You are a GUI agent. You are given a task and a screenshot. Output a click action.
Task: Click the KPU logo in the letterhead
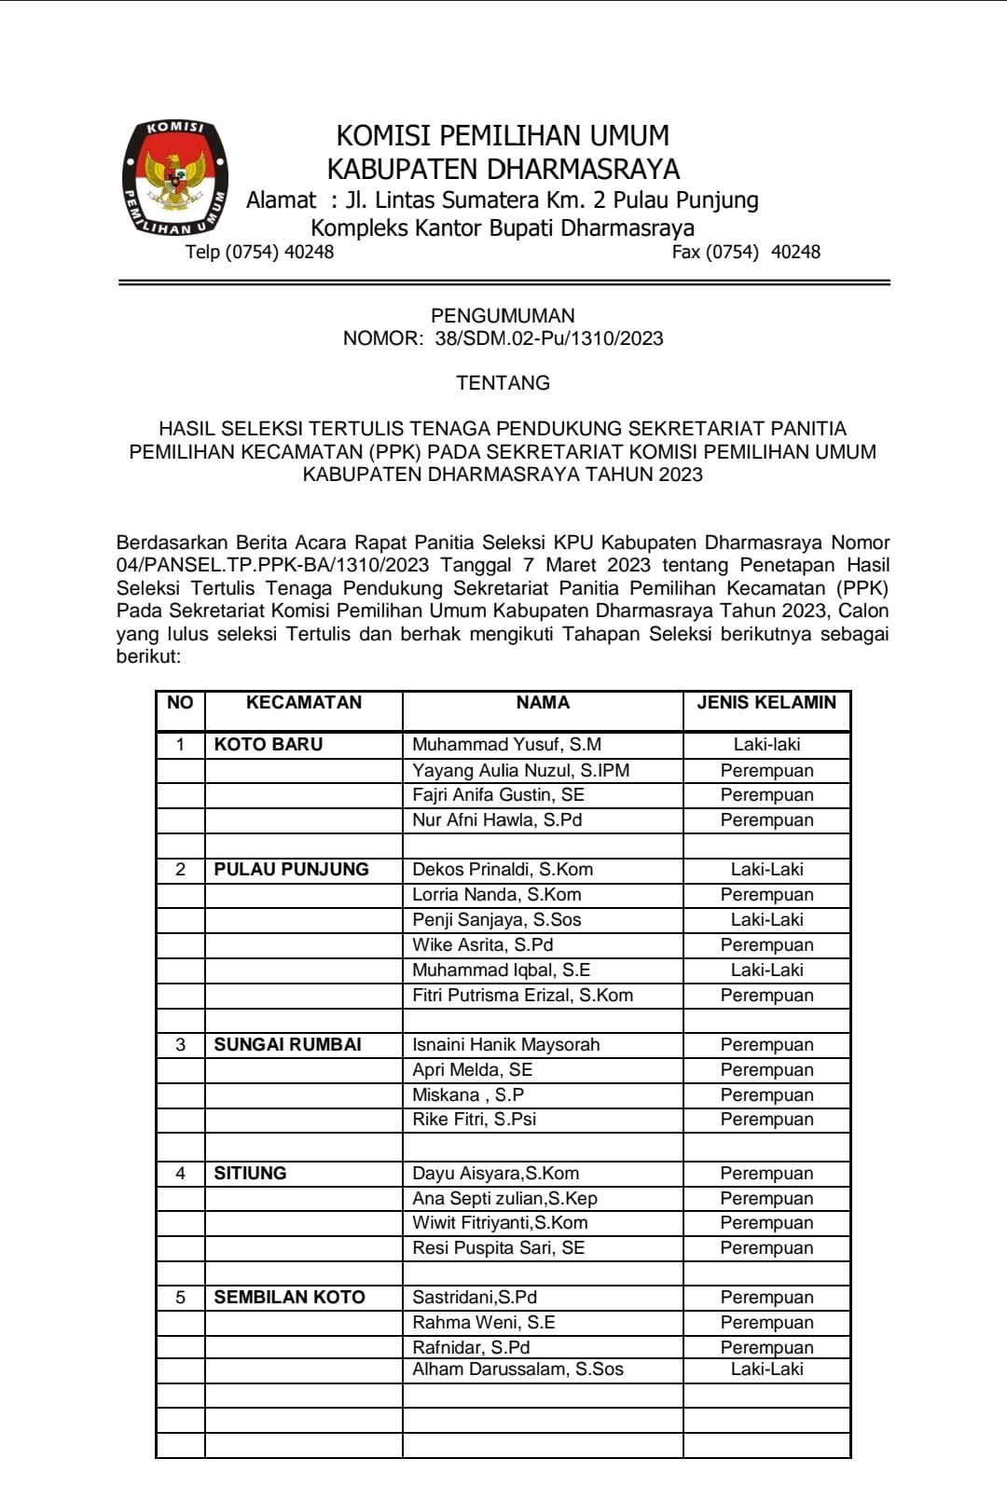pyautogui.click(x=175, y=177)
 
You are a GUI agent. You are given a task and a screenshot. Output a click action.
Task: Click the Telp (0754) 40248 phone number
pyautogui.click(x=259, y=252)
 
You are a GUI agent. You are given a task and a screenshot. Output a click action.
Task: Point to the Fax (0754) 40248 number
pyautogui.click(x=746, y=252)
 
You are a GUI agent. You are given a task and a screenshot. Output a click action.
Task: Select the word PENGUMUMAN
pyautogui.click(x=503, y=315)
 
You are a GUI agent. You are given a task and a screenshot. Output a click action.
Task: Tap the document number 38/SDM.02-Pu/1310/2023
pyautogui.click(x=548, y=338)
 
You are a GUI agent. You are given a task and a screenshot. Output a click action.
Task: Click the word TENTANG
pyautogui.click(x=503, y=382)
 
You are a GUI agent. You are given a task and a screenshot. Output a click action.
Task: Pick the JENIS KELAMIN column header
pyautogui.click(x=766, y=703)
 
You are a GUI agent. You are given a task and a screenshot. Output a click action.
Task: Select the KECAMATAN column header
pyautogui.click(x=303, y=703)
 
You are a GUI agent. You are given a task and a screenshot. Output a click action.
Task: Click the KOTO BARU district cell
pyautogui.click(x=269, y=745)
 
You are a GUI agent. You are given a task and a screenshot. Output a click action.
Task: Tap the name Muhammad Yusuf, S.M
pyautogui.click(x=506, y=745)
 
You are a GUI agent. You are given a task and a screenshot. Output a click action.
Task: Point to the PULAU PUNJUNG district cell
pyautogui.click(x=291, y=870)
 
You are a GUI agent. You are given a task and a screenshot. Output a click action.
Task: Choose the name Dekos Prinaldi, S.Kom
pyautogui.click(x=503, y=870)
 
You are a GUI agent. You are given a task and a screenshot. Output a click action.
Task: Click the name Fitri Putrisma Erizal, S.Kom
pyautogui.click(x=522, y=996)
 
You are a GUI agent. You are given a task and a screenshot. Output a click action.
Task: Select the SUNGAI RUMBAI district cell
pyautogui.click(x=287, y=1045)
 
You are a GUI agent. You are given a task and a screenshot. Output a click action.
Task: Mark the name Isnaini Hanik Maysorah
pyautogui.click(x=505, y=1045)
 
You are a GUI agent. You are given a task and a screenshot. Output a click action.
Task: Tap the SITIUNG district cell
pyautogui.click(x=250, y=1174)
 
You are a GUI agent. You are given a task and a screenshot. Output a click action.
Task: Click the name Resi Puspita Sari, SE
pyautogui.click(x=498, y=1248)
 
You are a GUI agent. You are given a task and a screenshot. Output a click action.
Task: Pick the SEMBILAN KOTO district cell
pyautogui.click(x=289, y=1298)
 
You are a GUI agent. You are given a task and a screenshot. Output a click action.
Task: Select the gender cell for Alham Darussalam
pyautogui.click(x=766, y=1369)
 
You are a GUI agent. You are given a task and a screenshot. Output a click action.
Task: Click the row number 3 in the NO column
pyautogui.click(x=180, y=1045)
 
